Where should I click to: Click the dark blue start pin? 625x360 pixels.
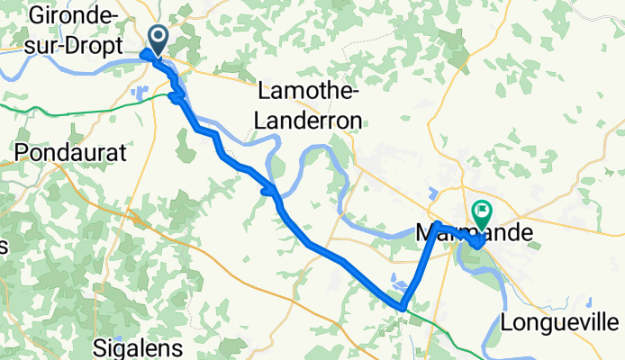158,38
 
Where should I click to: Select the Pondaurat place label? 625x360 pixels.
69,153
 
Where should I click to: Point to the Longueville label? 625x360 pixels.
560,322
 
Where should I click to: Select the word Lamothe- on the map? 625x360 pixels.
310,91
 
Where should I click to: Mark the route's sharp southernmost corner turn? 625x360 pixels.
403,308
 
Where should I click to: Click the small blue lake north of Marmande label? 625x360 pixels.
433,193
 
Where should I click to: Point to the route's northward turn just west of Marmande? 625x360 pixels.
437,224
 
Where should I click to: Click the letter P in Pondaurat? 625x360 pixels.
21,153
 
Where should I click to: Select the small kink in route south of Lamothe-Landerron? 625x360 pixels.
268,190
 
